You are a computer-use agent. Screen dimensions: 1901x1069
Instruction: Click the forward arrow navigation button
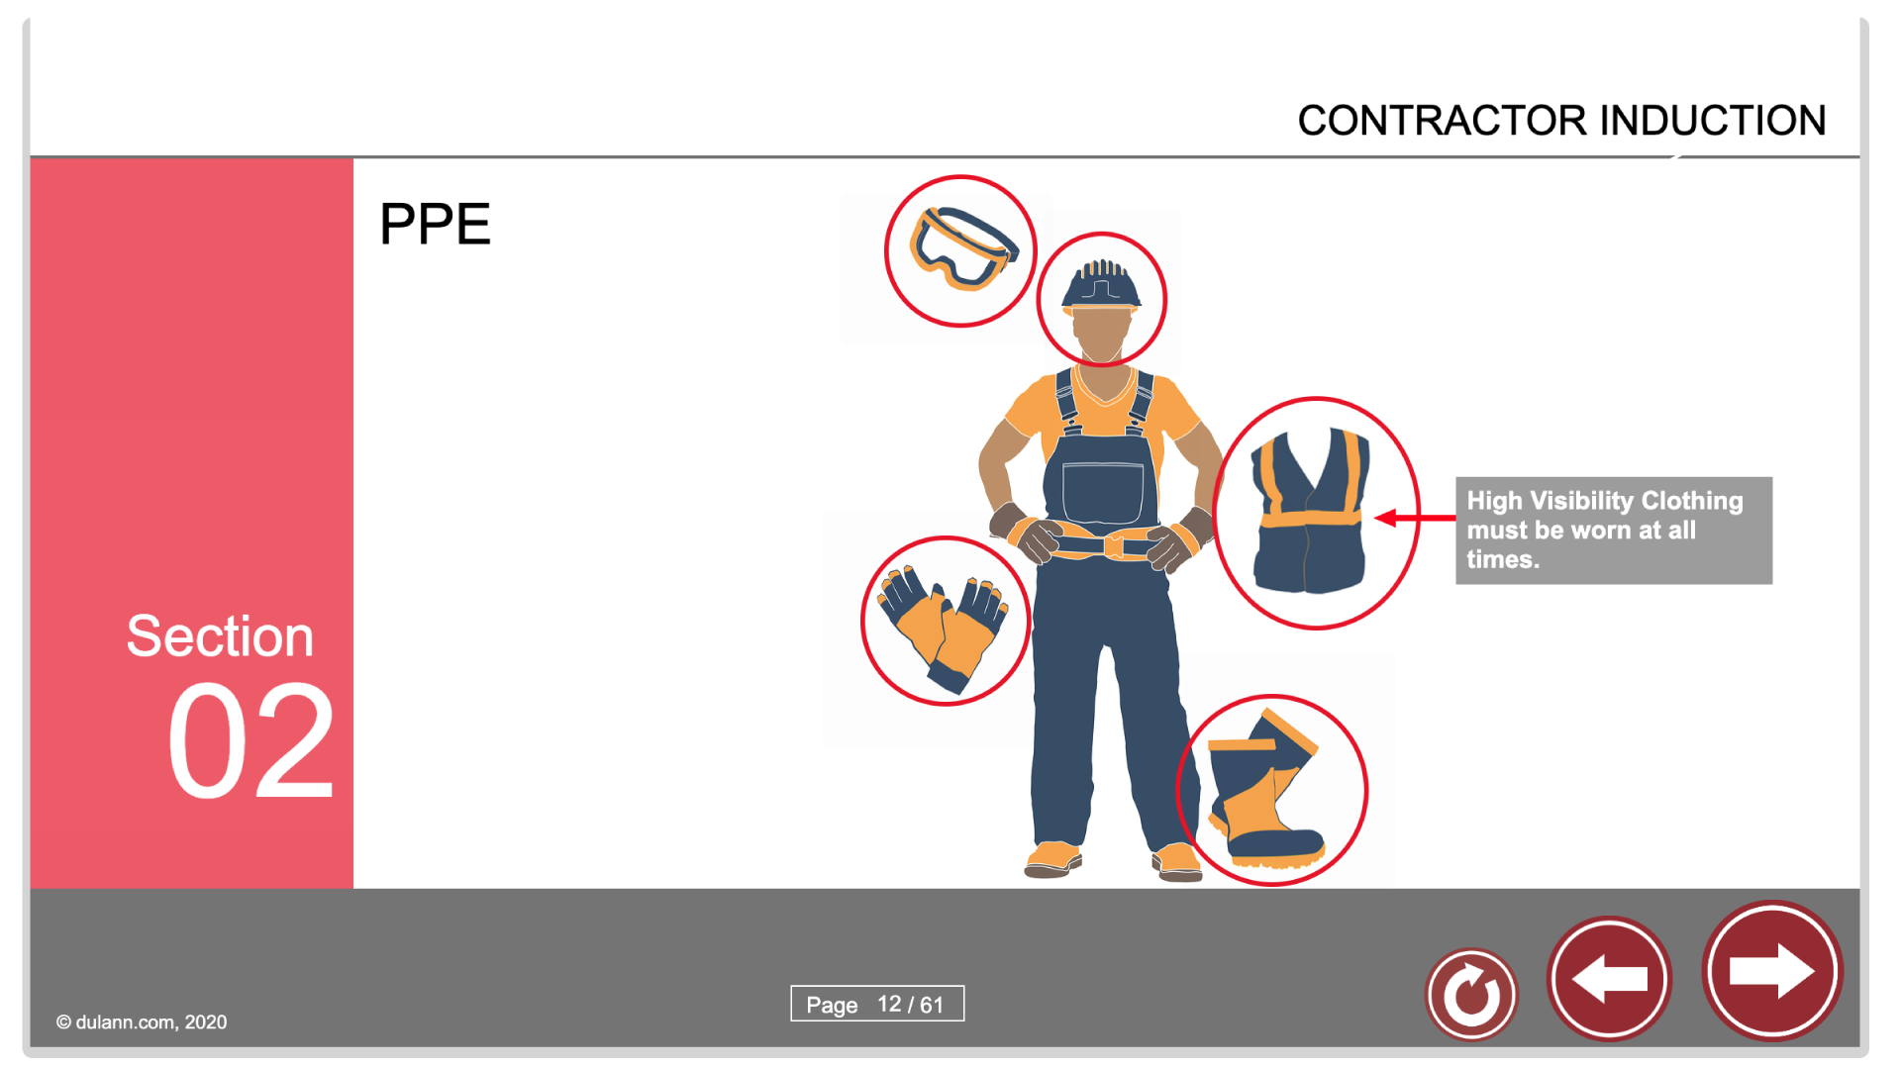[x=1771, y=971]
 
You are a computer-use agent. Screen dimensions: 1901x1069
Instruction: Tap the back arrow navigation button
[x=1609, y=979]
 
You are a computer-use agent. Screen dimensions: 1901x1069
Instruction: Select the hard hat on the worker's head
[x=1101, y=284]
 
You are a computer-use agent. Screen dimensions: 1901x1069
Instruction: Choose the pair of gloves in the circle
[x=944, y=627]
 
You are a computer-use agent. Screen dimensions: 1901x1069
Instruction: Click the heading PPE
[x=435, y=224]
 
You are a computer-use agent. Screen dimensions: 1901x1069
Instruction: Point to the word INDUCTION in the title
[x=1713, y=121]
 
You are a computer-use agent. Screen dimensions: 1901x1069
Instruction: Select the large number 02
[x=250, y=741]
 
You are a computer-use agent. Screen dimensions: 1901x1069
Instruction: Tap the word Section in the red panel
[x=220, y=635]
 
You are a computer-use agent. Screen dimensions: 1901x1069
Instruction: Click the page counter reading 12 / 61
[x=910, y=1005]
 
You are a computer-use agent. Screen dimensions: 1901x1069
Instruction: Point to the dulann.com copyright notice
[x=142, y=1022]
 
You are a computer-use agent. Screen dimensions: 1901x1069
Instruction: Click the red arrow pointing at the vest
[x=1416, y=518]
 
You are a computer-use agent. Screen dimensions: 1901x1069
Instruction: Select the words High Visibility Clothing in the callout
[x=1605, y=501]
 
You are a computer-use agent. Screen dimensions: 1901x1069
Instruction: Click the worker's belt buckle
[x=1114, y=545]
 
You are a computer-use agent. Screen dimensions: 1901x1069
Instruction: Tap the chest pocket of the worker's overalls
[x=1102, y=492]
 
